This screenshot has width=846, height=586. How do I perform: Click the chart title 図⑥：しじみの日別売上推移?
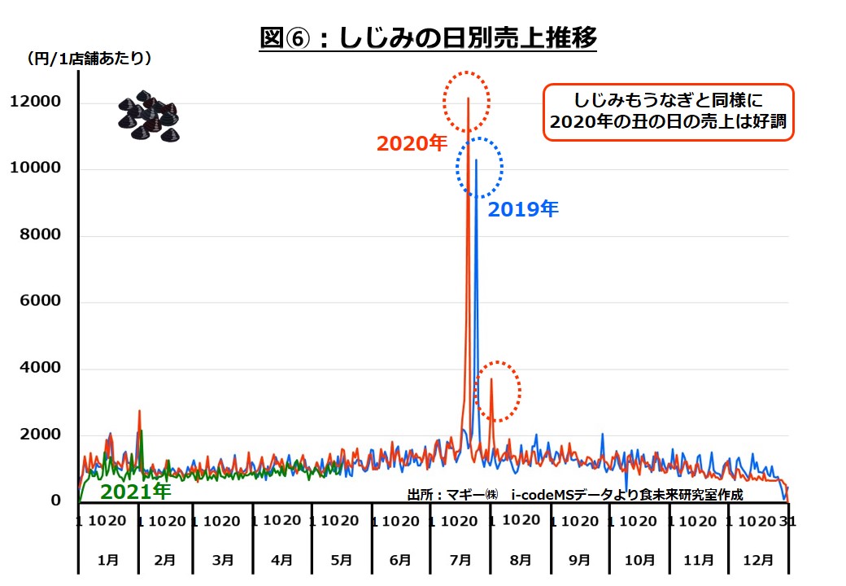pos(428,37)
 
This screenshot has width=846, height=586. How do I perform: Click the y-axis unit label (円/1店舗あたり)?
pos(89,59)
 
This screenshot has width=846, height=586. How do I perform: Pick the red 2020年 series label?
pos(412,143)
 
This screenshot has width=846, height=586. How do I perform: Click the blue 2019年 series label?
pos(523,209)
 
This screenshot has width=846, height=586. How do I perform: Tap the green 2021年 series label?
pos(135,491)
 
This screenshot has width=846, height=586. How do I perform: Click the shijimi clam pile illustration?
pos(147,115)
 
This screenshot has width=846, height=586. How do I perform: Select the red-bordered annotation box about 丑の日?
pos(668,112)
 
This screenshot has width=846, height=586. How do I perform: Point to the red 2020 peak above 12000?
pos(468,98)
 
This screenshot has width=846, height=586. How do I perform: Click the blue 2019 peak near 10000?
pos(477,161)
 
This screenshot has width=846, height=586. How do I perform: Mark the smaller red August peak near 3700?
pos(491,379)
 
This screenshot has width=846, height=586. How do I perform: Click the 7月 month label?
pos(460,560)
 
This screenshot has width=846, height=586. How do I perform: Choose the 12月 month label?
pos(759,560)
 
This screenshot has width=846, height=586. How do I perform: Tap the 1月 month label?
pos(108,560)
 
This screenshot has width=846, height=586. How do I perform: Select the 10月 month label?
pos(640,560)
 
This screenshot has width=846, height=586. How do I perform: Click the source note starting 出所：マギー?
pos(574,494)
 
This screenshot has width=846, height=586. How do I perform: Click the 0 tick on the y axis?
pos(56,501)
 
